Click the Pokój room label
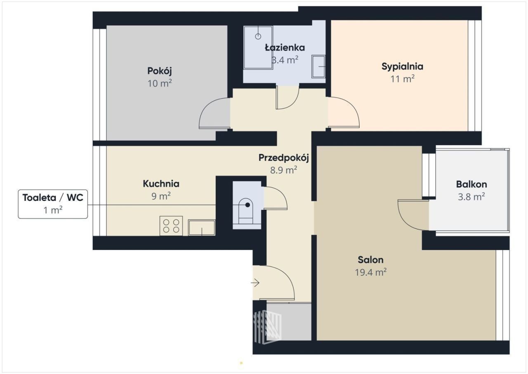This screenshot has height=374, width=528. pos(160,71)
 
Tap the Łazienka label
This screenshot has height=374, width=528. pos(285,48)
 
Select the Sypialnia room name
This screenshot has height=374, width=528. pos(402,67)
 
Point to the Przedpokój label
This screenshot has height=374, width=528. pos(283,158)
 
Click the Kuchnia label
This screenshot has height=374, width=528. pos(161,184)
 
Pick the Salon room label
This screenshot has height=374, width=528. pos(370,260)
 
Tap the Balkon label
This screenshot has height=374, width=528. pos(471,184)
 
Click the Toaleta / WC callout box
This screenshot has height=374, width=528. pos(53,204)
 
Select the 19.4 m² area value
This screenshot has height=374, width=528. pos(370,272)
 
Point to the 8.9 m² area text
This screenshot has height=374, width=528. pos(283,170)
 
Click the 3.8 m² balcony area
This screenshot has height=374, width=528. pos(471,197)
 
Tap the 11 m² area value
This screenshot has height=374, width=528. pos(402,79)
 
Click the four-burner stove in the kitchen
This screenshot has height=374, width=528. pos(171,226)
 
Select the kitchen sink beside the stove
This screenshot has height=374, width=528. pos(202,228)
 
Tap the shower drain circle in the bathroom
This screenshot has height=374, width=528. pos(258,36)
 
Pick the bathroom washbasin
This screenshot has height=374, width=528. pos(318,67)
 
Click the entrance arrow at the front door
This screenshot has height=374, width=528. pos(255,283)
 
